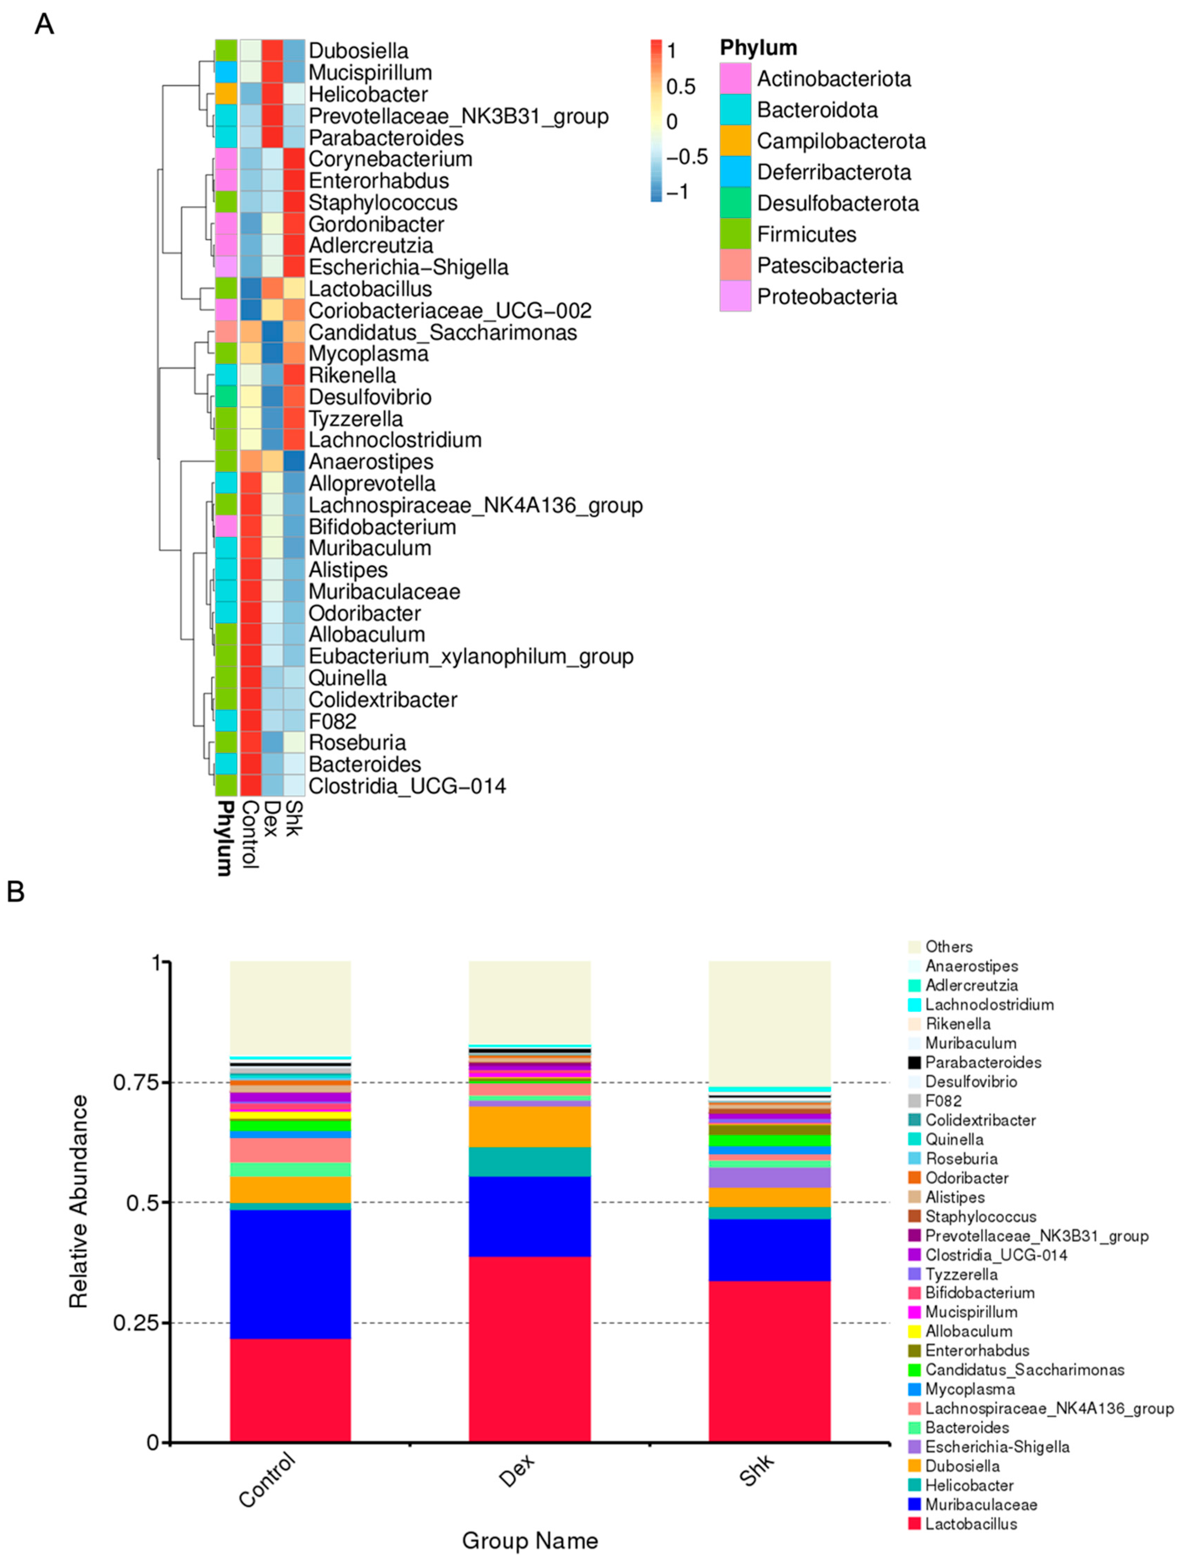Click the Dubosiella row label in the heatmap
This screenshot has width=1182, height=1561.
point(358,51)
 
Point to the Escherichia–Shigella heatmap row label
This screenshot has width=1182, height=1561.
point(408,268)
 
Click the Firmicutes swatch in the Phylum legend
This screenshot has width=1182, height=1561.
point(735,234)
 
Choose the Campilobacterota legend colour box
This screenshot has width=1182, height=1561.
point(735,141)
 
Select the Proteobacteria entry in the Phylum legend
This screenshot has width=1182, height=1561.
point(826,297)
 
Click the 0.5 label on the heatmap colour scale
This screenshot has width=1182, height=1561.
point(681,87)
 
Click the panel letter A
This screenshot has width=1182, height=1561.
point(44,25)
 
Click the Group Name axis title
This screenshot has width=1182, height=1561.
point(529,1540)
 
